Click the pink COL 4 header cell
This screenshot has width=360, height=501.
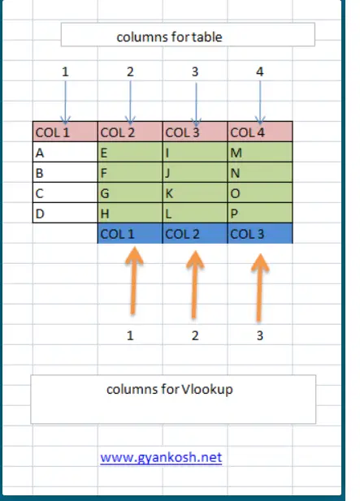point(260,132)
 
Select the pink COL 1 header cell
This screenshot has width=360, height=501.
point(65,132)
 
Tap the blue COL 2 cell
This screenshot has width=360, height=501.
point(195,234)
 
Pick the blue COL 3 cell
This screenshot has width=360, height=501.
point(260,234)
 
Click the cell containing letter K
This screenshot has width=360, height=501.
point(195,192)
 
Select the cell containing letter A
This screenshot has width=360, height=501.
point(65,152)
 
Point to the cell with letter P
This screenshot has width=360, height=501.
point(260,213)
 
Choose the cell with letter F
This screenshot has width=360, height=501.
point(130,172)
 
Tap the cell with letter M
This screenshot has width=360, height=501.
point(260,152)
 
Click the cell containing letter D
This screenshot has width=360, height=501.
point(65,213)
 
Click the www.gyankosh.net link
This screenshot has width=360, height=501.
point(161,457)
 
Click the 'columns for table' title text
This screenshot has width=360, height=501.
point(170,37)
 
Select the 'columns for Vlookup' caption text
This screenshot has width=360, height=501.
point(170,390)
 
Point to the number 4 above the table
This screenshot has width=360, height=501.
point(260,71)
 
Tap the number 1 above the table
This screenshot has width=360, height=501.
point(65,71)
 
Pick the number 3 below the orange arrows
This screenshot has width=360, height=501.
point(260,335)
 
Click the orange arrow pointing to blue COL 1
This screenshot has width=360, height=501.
point(133,280)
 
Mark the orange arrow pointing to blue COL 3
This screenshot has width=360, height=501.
point(259,287)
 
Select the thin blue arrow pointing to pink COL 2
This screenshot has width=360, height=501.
point(130,102)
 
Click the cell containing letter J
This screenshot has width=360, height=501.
point(195,172)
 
